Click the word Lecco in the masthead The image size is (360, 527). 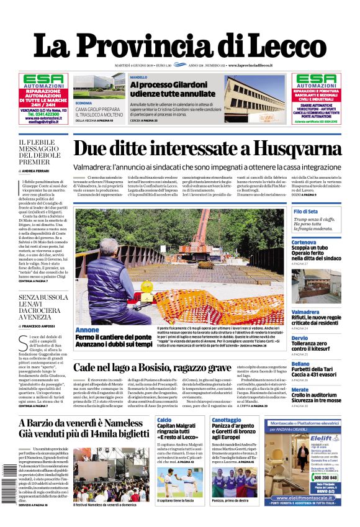pyautogui.click(x=276, y=46)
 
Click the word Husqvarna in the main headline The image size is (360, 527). pyautogui.click(x=294, y=149)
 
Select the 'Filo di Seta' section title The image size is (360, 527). pyautogui.click(x=306, y=212)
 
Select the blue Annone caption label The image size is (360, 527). pyautogui.click(x=87, y=330)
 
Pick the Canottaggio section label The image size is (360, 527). pyautogui.click(x=226, y=420)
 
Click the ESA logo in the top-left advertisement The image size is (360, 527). pyautogui.click(x=43, y=80)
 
